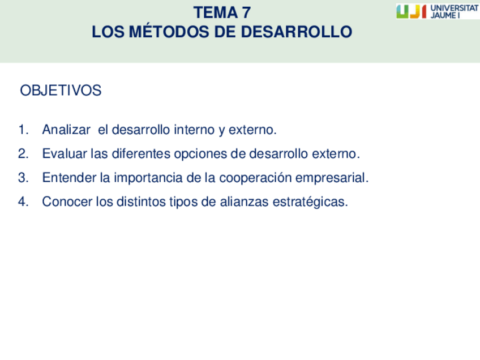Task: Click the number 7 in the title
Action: point(246,13)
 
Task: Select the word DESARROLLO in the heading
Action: point(297,32)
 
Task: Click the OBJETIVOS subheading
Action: point(61,91)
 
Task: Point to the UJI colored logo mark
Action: point(411,12)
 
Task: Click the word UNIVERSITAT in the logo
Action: point(455,8)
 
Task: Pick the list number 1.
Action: point(23,130)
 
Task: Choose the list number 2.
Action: point(23,153)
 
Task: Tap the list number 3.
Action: point(23,178)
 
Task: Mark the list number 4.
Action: point(23,202)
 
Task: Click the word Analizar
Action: point(66,130)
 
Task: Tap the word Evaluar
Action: point(65,153)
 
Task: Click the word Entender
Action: point(69,178)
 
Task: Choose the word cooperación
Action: point(255,178)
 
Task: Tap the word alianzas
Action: point(244,202)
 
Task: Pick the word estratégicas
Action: point(310,202)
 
